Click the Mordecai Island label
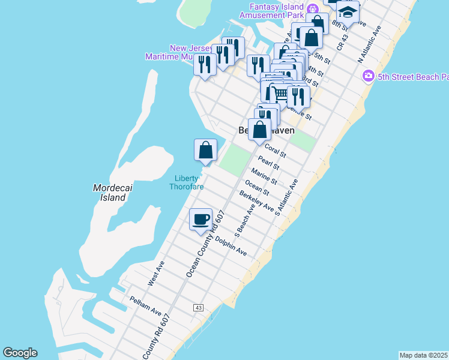(109, 193)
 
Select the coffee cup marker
(200, 219)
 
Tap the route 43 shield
(198, 307)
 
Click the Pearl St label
(268, 163)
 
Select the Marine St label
(264, 176)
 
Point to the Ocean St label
(257, 187)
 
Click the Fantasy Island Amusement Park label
(277, 11)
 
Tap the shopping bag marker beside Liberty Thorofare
(205, 150)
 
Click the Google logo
(20, 353)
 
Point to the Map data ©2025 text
(424, 355)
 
